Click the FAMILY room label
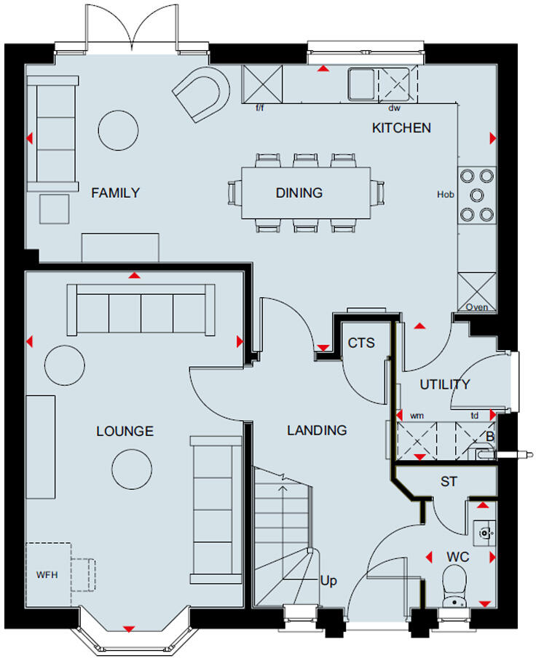pos(115,193)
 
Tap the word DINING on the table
pos(299,193)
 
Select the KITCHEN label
pos(401,128)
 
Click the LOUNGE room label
pos(125,431)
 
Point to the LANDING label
pos(317,430)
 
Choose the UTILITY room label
pos(444,384)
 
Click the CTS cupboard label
pos(361,343)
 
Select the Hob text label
pos(445,195)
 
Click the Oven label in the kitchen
pos(477,307)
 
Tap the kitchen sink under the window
pos(361,83)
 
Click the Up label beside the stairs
pos(329,581)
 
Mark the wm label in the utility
pos(417,415)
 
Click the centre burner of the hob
pos(477,195)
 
